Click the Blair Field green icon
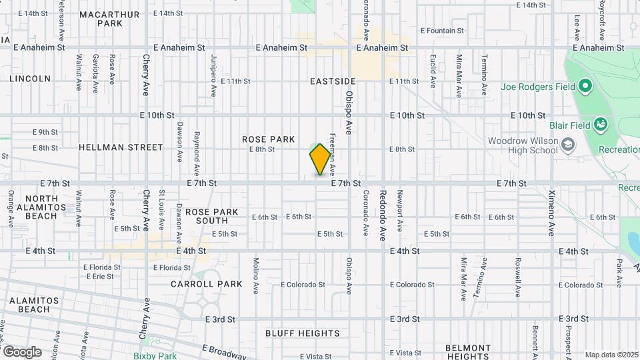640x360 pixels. click(600, 124)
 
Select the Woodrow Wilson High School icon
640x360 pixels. click(567, 145)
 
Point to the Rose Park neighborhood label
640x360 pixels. click(268, 139)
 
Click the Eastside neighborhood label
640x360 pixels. click(333, 81)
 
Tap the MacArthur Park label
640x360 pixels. click(109, 19)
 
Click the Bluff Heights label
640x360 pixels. click(302, 333)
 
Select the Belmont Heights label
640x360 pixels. click(468, 352)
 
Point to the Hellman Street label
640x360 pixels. click(121, 147)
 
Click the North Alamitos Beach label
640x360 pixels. click(46, 207)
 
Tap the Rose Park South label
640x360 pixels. click(211, 216)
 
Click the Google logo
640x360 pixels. click(22, 351)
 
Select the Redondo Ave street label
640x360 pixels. click(383, 206)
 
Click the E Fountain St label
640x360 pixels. click(442, 31)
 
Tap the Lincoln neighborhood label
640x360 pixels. click(30, 79)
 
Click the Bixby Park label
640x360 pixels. click(155, 356)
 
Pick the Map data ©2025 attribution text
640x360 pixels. click(611, 355)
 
